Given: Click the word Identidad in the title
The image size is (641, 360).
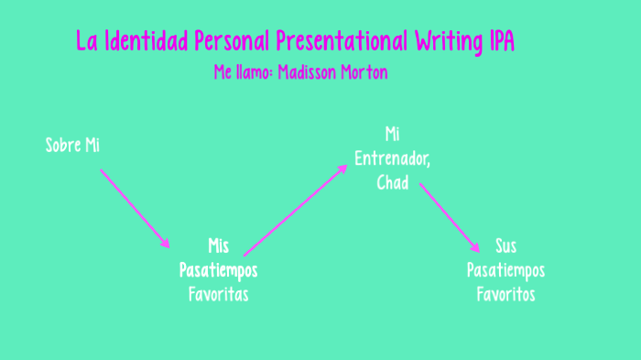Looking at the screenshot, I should (146, 41).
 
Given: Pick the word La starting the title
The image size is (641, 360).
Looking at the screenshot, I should (86, 41).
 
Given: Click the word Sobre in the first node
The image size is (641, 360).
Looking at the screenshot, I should (63, 145).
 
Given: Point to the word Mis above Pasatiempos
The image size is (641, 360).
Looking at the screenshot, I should (218, 245).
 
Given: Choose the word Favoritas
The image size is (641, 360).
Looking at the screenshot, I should (218, 294).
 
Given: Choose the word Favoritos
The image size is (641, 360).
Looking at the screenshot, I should (505, 294).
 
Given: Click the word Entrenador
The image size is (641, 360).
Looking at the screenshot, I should (392, 158).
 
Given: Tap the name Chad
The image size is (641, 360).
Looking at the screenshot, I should (392, 181).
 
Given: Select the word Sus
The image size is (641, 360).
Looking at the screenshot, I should (505, 245).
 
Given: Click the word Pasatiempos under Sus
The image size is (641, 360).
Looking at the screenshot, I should (505, 270).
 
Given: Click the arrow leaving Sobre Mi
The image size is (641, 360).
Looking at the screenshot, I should (136, 209).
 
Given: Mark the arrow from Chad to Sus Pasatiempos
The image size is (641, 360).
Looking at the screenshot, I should (450, 218).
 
